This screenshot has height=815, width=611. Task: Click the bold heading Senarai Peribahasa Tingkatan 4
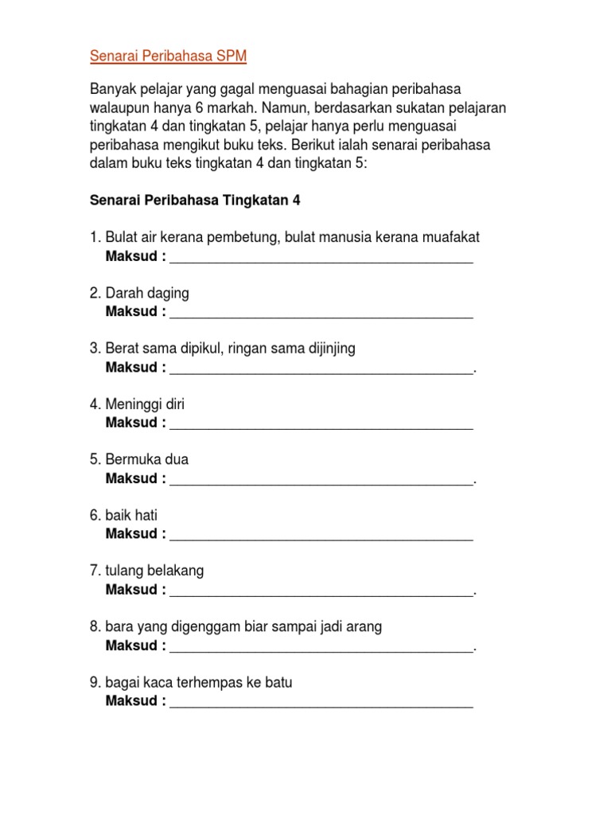[195, 201]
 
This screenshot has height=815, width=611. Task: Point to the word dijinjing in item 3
[329, 349]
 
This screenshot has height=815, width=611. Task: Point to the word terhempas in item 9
[224, 683]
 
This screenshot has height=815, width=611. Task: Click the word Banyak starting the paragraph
[113, 88]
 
